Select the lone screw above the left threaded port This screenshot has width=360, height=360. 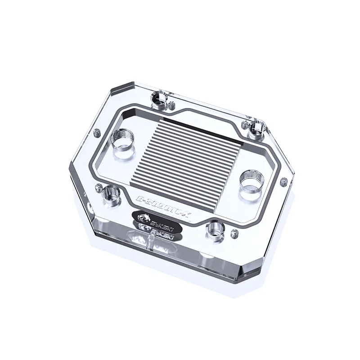(x=96, y=133)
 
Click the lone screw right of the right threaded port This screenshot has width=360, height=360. (x=283, y=181)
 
